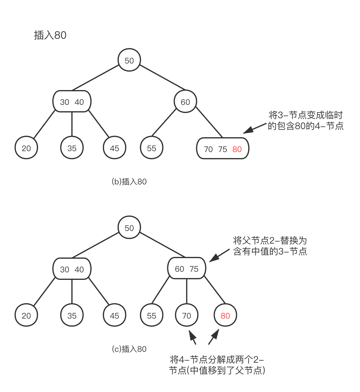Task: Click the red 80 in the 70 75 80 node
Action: pyautogui.click(x=237, y=149)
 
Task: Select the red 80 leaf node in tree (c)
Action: pyautogui.click(x=225, y=316)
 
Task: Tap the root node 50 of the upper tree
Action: pyautogui.click(x=129, y=60)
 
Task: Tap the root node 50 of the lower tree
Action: pyautogui.click(x=129, y=228)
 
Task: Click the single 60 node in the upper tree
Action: pyautogui.click(x=185, y=102)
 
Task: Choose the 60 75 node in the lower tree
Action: pyautogui.click(x=186, y=269)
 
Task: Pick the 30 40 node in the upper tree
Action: pyautogui.click(x=72, y=102)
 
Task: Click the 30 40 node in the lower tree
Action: pyautogui.click(x=72, y=269)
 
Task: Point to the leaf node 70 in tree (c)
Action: pyautogui.click(x=186, y=316)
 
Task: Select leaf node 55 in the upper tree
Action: pyautogui.click(x=152, y=148)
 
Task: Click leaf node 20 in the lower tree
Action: pyautogui.click(x=26, y=316)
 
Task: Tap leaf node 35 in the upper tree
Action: pyautogui.click(x=72, y=148)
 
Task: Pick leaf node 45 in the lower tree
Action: pyautogui.click(x=115, y=316)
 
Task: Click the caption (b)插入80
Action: pyautogui.click(x=129, y=182)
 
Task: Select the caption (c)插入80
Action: pyautogui.click(x=129, y=349)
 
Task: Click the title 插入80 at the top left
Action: pyautogui.click(x=50, y=35)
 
